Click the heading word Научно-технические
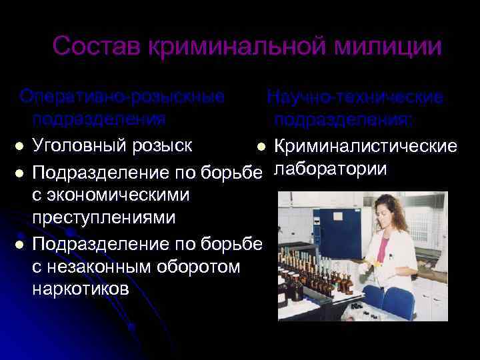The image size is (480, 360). click(x=355, y=97)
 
